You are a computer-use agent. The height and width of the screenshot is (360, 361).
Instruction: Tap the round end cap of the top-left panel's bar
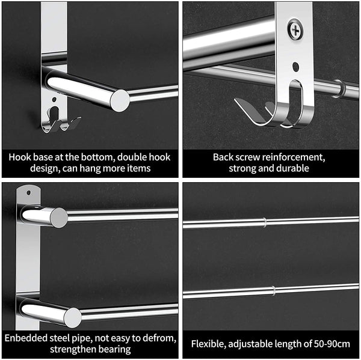point(120,100)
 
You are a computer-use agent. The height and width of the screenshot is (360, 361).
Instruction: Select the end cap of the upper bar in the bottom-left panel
point(58,218)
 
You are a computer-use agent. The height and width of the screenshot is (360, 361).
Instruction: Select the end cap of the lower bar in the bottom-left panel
point(72,317)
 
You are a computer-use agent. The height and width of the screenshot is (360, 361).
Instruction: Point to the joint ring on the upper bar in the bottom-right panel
point(264,222)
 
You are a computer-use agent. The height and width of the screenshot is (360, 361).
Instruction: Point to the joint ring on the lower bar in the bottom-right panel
point(274,291)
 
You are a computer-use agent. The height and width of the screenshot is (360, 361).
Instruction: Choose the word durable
point(294,169)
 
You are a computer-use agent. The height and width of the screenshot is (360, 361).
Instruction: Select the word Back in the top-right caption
point(223,157)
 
